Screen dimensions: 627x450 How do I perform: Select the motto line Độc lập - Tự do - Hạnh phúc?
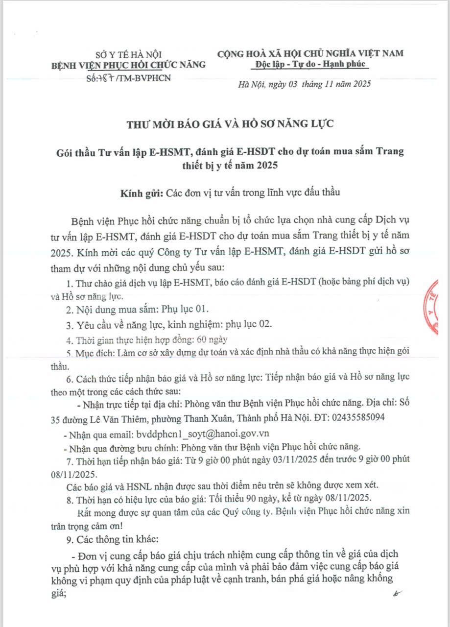click(310, 65)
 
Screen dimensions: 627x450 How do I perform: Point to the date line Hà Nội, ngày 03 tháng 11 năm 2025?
click(304, 84)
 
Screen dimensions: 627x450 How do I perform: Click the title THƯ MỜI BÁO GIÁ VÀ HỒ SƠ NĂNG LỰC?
click(230, 124)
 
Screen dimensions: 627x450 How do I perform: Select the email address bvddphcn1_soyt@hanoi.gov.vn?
click(201, 434)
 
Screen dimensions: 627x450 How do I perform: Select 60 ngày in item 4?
click(212, 339)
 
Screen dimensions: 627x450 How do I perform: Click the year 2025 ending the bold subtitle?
click(266, 166)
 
